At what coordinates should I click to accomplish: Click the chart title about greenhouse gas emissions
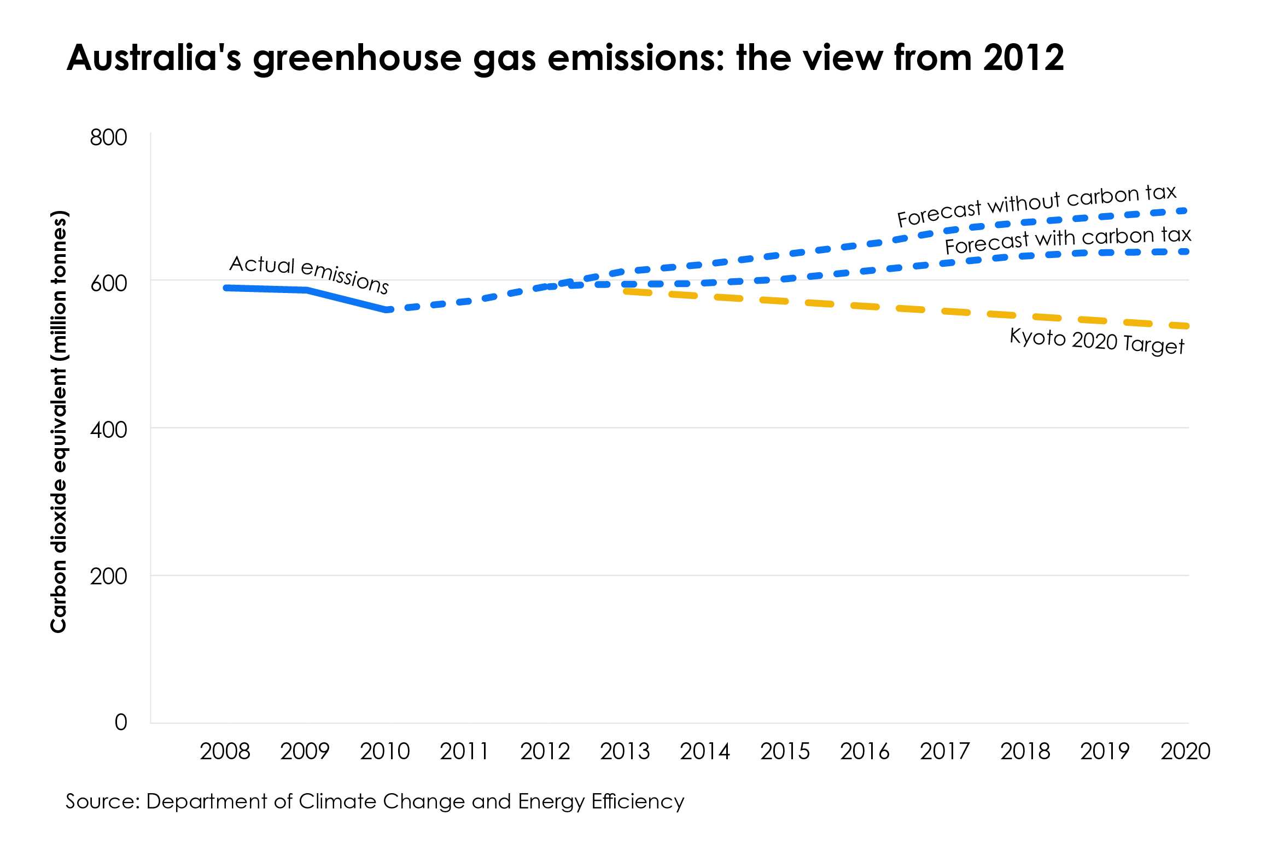tap(565, 57)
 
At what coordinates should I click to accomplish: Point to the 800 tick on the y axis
tap(108, 137)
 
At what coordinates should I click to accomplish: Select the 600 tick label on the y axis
tap(108, 283)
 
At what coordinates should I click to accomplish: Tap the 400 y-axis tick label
tap(108, 430)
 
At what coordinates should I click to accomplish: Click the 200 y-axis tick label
tap(108, 576)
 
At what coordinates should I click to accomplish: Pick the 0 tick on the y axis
tap(121, 722)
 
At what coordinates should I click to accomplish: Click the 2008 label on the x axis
tap(225, 752)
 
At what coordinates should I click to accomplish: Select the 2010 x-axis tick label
tap(385, 752)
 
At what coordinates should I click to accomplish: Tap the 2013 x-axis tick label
tap(625, 752)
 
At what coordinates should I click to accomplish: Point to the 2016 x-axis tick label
tap(865, 752)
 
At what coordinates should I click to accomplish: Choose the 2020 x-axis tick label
tap(1186, 752)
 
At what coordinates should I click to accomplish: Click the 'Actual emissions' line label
tap(309, 273)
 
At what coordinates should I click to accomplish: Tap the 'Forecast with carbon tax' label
tap(1067, 240)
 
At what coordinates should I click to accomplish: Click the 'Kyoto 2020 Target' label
tap(1096, 341)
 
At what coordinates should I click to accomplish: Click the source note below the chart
tap(375, 801)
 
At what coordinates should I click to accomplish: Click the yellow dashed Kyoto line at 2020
tap(1184, 326)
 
